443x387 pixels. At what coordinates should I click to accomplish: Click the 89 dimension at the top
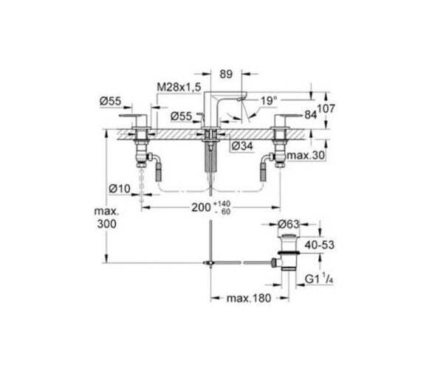[226, 74]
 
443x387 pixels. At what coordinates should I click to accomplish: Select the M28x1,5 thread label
[179, 88]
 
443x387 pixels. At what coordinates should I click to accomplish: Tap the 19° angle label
[269, 101]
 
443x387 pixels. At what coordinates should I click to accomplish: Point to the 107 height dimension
[326, 108]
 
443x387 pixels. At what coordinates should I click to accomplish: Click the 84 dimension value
[310, 115]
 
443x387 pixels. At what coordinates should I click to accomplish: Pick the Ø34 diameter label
[242, 146]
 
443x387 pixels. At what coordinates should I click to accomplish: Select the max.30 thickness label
[306, 155]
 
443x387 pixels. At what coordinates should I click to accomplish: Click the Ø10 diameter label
[120, 189]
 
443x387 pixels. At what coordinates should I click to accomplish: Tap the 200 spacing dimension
[201, 208]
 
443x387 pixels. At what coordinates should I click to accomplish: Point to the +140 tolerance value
[222, 203]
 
